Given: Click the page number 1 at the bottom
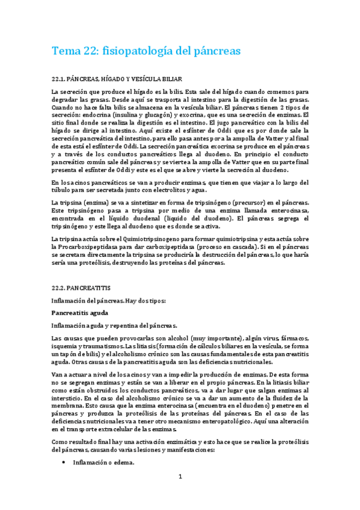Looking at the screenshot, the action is coord(180,477).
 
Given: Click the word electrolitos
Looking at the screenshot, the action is coord(174,190).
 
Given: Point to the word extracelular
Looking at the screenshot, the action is coord(130,430).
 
